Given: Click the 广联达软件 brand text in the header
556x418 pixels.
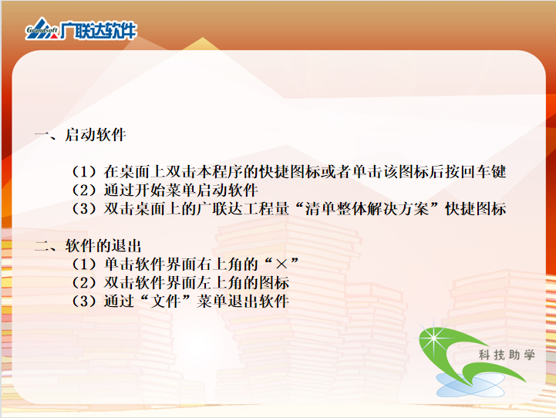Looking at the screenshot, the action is pyautogui.click(x=98, y=31).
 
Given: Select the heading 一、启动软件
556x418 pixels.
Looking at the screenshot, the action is pyautogui.click(x=80, y=135).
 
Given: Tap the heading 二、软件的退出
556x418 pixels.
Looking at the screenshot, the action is pyautogui.click(x=88, y=246).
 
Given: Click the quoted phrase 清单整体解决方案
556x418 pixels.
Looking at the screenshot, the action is pyautogui.click(x=367, y=209).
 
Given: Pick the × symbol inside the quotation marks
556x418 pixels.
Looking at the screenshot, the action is pyautogui.click(x=281, y=264).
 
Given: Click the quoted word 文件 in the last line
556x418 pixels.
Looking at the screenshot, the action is pyautogui.click(x=166, y=302).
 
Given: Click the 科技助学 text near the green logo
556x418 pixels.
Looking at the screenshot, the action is pyautogui.click(x=507, y=355).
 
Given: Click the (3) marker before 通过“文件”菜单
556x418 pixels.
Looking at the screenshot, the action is pyautogui.click(x=84, y=302).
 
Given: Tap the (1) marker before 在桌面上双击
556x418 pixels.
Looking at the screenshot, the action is pyautogui.click(x=84, y=172).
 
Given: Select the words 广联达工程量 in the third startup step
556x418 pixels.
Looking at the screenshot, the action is pyautogui.click(x=243, y=209).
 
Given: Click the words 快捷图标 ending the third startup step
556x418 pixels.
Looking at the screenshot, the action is pyautogui.click(x=476, y=209).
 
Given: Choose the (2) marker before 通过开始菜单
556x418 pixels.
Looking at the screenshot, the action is pyautogui.click(x=84, y=190).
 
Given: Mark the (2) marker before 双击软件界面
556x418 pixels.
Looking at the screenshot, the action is pyautogui.click(x=84, y=283).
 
